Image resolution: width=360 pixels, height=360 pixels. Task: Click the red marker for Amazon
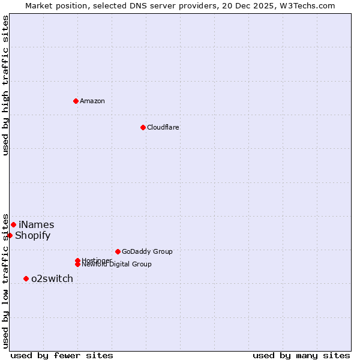[x=76, y=101]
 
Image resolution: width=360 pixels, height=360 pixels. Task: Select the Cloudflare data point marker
[x=143, y=127]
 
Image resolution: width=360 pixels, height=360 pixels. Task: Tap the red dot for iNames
[x=13, y=224]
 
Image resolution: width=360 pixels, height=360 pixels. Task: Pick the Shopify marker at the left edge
[x=10, y=235]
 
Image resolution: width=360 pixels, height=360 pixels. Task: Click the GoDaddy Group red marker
[x=118, y=251]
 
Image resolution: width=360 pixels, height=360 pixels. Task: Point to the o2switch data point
[x=26, y=278]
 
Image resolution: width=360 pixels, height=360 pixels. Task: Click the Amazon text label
[x=92, y=101]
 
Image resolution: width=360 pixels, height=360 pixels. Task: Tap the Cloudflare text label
[x=163, y=127]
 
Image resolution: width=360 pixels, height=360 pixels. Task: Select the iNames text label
[x=36, y=224]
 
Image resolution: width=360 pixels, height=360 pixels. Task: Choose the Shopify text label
[x=32, y=235]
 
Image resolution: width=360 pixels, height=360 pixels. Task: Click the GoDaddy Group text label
[x=147, y=251]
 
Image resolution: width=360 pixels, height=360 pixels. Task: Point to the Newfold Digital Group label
[x=116, y=265]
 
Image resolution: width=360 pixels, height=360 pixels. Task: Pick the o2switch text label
[x=52, y=278]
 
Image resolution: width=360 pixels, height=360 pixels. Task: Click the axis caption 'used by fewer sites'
[x=62, y=355]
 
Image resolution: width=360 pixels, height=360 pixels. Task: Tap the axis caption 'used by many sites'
[x=301, y=355]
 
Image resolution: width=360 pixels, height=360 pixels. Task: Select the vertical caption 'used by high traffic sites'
[x=5, y=85]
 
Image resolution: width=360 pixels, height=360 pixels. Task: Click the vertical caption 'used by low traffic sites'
[x=5, y=281]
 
